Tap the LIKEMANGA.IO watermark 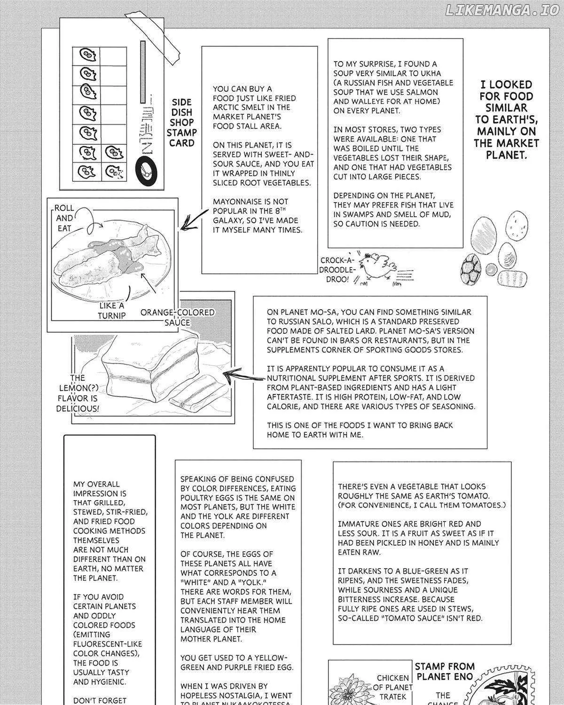pyautogui.click(x=502, y=10)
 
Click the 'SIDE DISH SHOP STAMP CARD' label pyautogui.click(x=181, y=123)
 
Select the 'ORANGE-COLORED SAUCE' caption pyautogui.click(x=177, y=317)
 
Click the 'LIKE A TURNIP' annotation pyautogui.click(x=112, y=310)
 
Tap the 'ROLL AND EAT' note pyautogui.click(x=64, y=218)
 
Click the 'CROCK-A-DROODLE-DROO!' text pyautogui.click(x=337, y=270)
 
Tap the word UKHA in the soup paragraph pyautogui.click(x=429, y=73)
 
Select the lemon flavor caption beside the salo pyautogui.click(x=78, y=393)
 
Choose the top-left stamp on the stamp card pyautogui.click(x=86, y=55)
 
